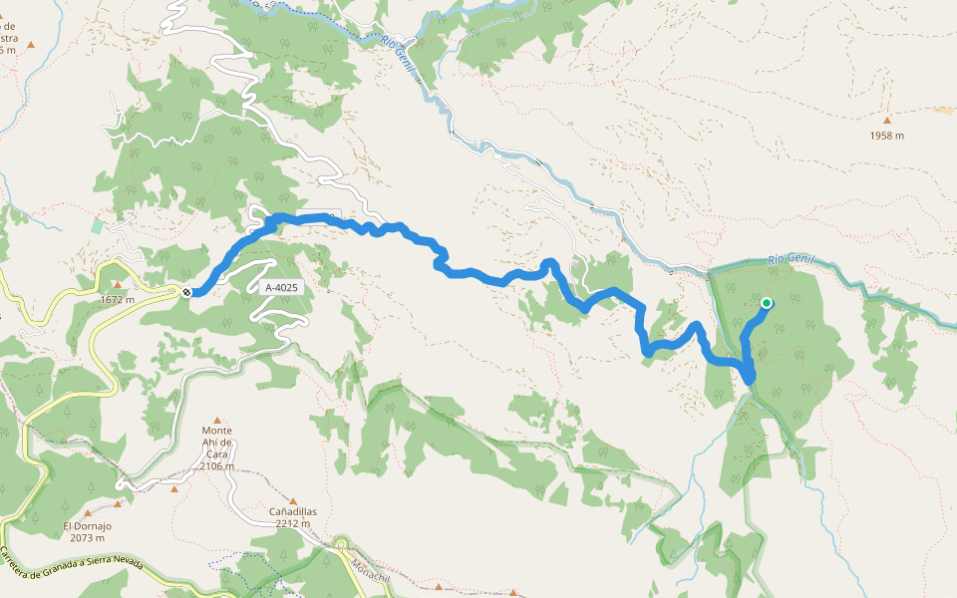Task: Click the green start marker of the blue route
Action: tap(767, 303)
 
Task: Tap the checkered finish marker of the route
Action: tap(186, 292)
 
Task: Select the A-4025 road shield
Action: tap(281, 287)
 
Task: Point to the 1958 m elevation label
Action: tap(886, 136)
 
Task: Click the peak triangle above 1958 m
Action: tap(886, 121)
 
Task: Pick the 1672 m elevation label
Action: tap(117, 299)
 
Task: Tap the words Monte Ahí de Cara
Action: tap(216, 443)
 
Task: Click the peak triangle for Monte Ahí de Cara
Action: tap(216, 421)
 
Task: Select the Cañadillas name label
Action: tap(292, 511)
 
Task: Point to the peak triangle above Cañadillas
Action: tap(292, 500)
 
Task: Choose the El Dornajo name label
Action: tap(87, 526)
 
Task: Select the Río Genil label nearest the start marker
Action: tap(791, 260)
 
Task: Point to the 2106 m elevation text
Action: tap(216, 466)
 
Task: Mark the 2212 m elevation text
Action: tap(292, 523)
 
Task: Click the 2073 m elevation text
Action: tap(87, 538)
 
